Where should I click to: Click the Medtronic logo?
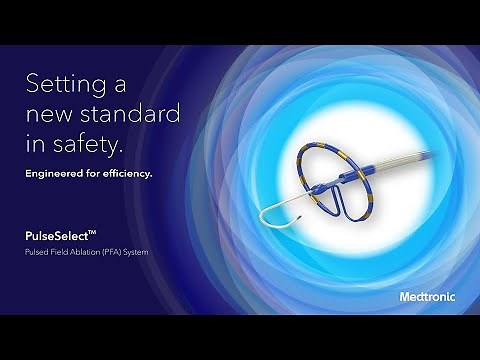(x=427, y=296)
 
